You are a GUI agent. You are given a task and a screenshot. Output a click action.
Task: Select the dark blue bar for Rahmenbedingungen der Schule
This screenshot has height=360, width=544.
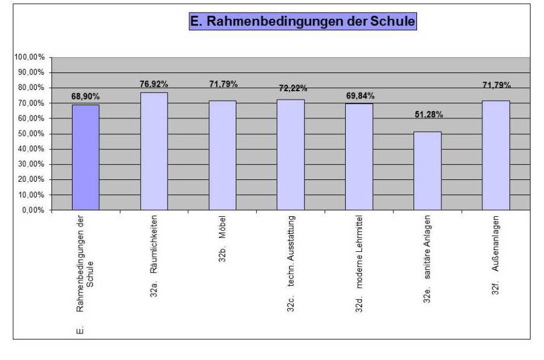coord(85,157)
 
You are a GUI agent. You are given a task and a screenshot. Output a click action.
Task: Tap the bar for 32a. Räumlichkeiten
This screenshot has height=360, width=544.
coord(154,151)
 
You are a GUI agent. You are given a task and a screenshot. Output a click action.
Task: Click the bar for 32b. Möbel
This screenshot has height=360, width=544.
coord(222,155)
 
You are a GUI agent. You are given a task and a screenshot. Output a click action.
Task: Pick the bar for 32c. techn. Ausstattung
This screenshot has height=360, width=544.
coord(291,155)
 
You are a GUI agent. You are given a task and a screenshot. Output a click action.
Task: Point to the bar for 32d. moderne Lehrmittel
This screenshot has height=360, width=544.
coord(359,156)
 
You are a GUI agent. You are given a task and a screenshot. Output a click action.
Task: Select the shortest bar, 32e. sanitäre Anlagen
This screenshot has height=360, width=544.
coord(427,171)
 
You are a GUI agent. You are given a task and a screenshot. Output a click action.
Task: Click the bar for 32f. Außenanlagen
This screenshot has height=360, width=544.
coord(496,155)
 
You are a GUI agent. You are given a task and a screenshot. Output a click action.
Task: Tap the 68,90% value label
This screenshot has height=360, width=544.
coord(85,96)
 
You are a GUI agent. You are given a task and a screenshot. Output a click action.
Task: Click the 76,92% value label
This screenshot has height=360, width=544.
coord(154,84)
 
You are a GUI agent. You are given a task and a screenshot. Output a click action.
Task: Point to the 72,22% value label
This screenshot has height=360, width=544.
coord(291,88)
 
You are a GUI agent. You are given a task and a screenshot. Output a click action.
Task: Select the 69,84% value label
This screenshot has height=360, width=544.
coord(360,95)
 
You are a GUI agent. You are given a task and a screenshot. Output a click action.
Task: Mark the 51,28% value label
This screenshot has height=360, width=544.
coord(428,114)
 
